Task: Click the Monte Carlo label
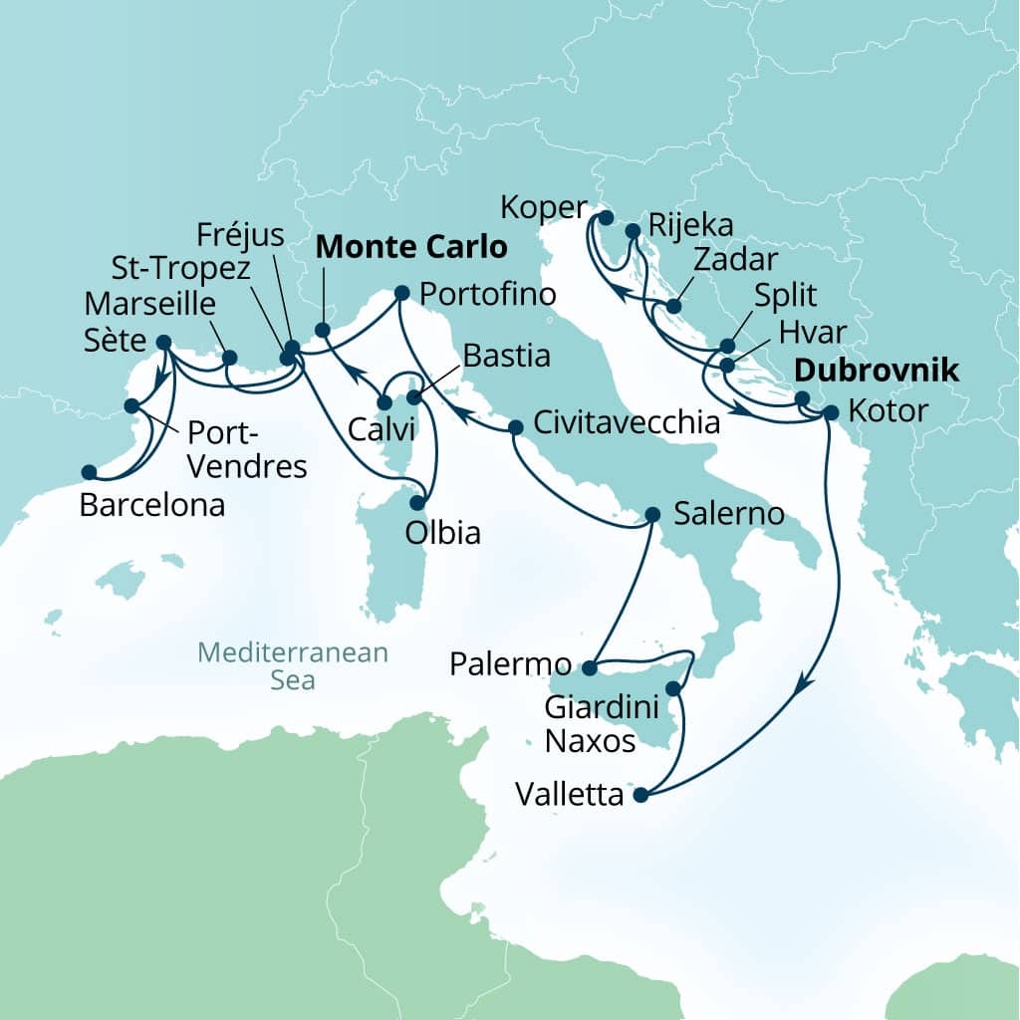411,247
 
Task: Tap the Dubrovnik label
876,372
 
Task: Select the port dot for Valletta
639,795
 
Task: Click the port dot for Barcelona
89,472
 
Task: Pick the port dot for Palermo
589,667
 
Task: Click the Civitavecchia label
627,422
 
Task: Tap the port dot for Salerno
652,515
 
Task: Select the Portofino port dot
401,293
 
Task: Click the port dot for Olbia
417,502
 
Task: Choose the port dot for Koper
605,216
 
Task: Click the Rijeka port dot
633,231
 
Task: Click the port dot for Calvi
383,402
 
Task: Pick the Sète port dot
164,342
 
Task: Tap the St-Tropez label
182,269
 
